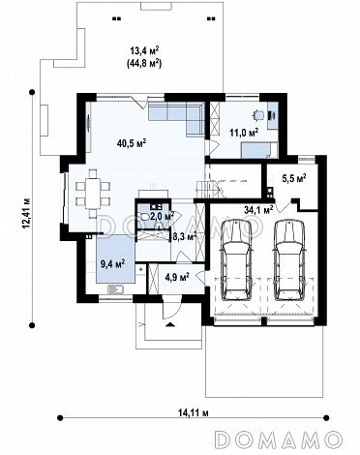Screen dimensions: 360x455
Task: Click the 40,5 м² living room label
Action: click(x=132, y=142)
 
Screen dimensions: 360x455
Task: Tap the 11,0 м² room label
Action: click(x=244, y=132)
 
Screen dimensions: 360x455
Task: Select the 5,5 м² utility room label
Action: click(x=294, y=178)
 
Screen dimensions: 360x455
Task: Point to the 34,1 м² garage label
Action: click(x=259, y=210)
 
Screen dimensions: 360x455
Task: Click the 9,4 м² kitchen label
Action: click(x=112, y=264)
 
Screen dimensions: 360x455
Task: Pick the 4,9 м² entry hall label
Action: click(x=177, y=277)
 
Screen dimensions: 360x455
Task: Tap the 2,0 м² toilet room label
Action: click(x=163, y=216)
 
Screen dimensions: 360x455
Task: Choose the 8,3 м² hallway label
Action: click(x=185, y=237)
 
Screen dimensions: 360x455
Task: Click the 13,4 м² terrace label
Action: click(x=144, y=51)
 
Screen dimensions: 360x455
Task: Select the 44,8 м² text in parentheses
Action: click(x=144, y=63)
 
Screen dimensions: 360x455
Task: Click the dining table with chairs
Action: click(x=93, y=194)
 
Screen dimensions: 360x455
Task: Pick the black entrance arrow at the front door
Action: click(x=170, y=324)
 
